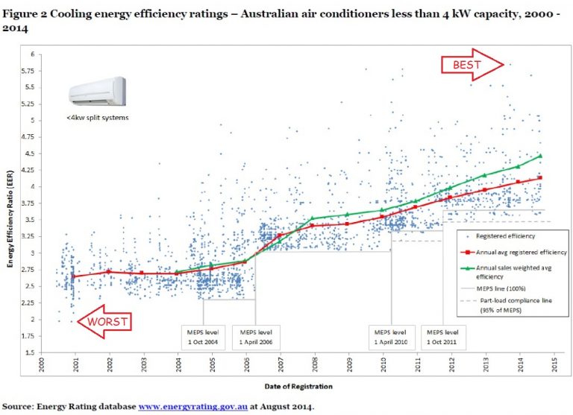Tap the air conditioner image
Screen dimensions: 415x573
coord(98,92)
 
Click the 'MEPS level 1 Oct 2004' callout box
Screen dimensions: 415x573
coord(202,336)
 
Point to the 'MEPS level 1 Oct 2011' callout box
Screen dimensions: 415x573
coord(442,336)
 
